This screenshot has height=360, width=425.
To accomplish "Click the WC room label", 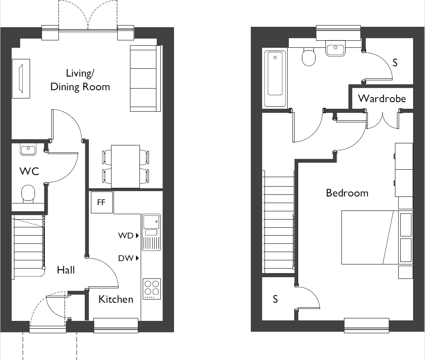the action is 29,171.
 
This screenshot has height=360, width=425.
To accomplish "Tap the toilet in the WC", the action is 28,194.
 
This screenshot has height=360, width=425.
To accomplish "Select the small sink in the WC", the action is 28,150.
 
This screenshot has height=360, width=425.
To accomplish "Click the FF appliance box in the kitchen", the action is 102,202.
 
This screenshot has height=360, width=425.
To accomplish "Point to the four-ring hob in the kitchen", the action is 152,289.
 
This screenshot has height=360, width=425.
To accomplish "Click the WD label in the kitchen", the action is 126,236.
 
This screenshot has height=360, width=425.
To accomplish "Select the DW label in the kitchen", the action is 126,258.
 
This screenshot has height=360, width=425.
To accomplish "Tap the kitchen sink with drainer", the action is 151,232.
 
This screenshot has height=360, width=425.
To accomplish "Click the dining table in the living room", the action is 125,166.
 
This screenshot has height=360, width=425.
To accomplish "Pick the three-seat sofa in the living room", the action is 145,78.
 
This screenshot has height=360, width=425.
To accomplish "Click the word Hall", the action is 66,270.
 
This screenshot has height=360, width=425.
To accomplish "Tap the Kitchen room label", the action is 116,299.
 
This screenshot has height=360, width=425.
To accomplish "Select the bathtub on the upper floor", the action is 275,79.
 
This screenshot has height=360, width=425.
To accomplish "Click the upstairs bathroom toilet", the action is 309,57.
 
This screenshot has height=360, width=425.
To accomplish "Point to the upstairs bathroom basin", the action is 335,49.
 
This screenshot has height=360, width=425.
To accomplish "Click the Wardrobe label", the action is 382,98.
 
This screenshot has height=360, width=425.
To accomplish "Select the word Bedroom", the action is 347,193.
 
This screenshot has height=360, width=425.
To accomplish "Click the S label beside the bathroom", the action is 395,63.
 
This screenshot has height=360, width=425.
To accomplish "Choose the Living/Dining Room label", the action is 80,80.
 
